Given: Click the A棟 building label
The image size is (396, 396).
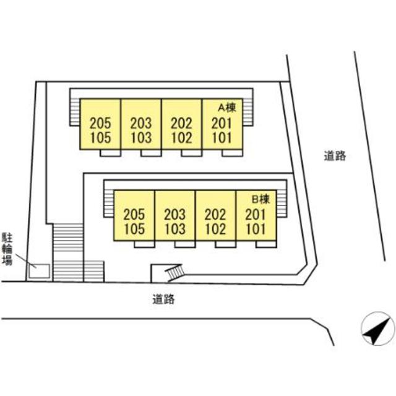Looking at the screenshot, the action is pos(227,108).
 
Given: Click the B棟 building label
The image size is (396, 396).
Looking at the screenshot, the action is pos(261,199).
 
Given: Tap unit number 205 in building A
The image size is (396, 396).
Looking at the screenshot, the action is pos(100,124).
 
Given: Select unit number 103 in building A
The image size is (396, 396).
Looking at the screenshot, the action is pos(141,138).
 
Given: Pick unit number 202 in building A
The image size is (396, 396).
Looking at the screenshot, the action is pos(181,124).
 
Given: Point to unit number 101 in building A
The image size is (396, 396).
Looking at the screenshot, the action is pos(222,138).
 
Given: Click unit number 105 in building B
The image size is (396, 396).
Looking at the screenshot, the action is pos(134,229).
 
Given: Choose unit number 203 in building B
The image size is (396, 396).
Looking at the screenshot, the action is pos(174,215).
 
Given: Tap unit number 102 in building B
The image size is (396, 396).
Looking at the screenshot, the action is pos(215,229).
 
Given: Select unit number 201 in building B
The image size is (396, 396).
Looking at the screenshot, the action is pos(256,215).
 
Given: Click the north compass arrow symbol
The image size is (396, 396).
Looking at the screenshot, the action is pos(377,329).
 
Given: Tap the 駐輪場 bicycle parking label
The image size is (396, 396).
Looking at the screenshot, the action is pos(7,249).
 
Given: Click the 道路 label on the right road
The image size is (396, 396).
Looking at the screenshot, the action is pos(335,156).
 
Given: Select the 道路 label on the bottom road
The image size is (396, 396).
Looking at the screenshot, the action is pos(163,299).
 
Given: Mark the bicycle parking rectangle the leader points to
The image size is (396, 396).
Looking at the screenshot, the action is pos(39,271).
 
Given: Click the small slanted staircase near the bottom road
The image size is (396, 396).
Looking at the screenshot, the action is pos(174,272).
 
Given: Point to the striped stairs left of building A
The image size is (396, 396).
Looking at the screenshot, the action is pos(75,112).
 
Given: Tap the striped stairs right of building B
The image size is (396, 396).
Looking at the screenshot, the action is pos(282,204).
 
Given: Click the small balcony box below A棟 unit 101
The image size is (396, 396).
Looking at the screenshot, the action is pos(233,153).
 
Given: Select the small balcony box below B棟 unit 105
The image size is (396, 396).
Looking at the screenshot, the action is pos(144,244).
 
